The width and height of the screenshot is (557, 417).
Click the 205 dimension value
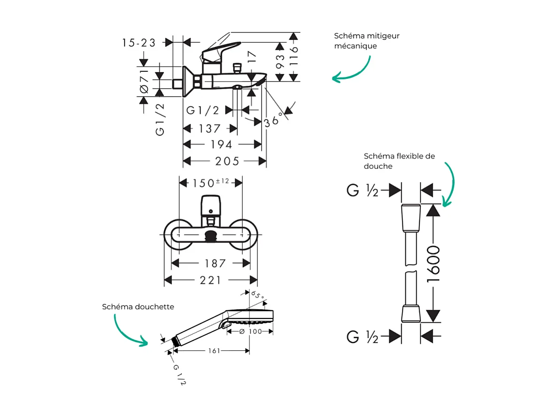[x=227, y=161]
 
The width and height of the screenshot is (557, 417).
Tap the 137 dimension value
[x=209, y=129]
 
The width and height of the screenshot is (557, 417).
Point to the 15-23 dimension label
[x=139, y=43]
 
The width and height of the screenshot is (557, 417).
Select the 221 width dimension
[x=210, y=281]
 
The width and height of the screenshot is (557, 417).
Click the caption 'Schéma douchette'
[x=138, y=307]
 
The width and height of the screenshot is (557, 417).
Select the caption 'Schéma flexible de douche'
[x=399, y=161]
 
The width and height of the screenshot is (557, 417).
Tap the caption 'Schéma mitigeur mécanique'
[x=367, y=41]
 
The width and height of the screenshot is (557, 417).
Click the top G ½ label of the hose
[x=363, y=190]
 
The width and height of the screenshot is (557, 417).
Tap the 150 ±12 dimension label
[x=210, y=182]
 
